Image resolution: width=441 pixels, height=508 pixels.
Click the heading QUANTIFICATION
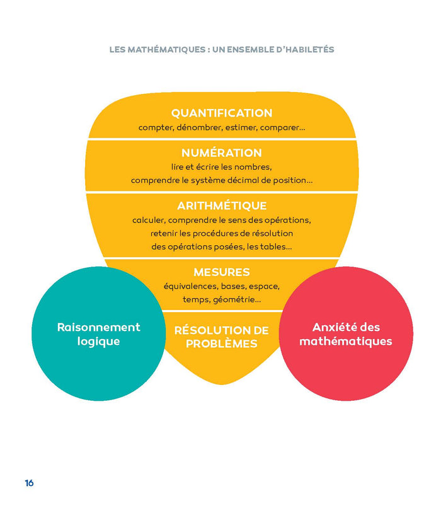222,113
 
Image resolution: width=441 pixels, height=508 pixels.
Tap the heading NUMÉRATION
222,153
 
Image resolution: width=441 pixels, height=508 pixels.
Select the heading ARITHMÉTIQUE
222,206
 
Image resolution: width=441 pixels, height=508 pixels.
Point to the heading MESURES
222,272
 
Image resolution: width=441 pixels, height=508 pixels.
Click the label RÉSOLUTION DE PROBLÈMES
222,337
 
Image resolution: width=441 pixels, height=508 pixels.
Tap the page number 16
29,483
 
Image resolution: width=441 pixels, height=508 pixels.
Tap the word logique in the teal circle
98,341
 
